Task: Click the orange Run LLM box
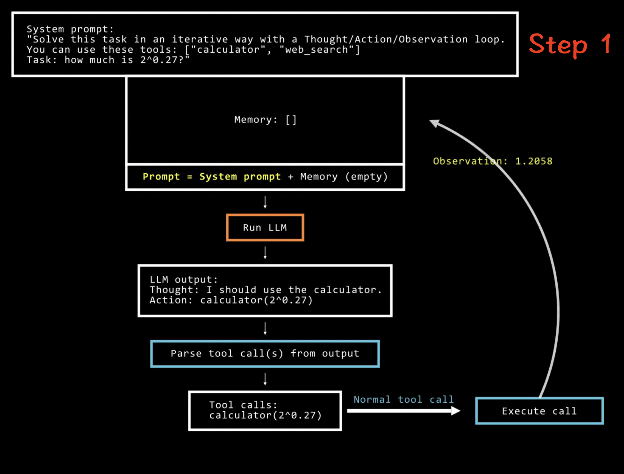pos(265,228)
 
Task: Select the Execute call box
pos(539,411)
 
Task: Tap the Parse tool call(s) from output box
pos(265,354)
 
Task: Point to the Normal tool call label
pos(404,400)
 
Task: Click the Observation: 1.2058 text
pos(492,161)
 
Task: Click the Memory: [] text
pos(265,120)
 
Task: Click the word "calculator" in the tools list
pos(228,50)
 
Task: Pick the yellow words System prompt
pos(240,177)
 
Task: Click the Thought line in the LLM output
pos(265,290)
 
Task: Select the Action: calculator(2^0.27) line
pos(231,300)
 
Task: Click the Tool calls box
pos(265,410)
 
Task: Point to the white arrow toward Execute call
pos(403,411)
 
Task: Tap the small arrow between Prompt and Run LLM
pos(265,202)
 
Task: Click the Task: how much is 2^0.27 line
pos(108,60)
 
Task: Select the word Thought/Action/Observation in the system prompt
pos(386,39)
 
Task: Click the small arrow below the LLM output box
pos(265,329)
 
